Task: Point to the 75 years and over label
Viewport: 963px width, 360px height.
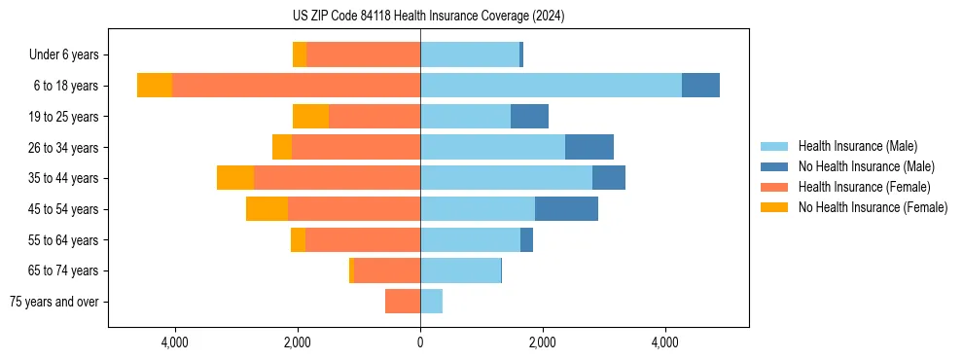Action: click(x=54, y=302)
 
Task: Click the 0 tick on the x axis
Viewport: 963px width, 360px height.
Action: click(x=420, y=342)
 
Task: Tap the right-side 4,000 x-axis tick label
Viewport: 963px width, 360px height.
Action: click(x=665, y=342)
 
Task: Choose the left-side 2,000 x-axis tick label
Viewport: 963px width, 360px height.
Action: click(x=297, y=342)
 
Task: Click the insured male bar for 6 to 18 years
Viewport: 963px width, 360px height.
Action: click(x=551, y=86)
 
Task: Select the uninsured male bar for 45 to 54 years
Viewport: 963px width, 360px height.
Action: click(x=566, y=208)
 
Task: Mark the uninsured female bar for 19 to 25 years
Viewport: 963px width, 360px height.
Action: click(x=310, y=117)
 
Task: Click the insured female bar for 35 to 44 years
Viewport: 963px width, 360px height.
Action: click(x=337, y=178)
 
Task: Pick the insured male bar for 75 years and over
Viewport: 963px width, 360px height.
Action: click(x=431, y=302)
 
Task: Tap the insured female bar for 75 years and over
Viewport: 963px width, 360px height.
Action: click(x=403, y=302)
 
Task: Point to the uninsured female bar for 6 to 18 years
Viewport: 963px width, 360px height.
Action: click(x=155, y=86)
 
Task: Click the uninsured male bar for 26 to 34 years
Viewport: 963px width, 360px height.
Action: click(x=588, y=147)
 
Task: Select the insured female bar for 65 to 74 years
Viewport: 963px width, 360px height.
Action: click(x=387, y=270)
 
